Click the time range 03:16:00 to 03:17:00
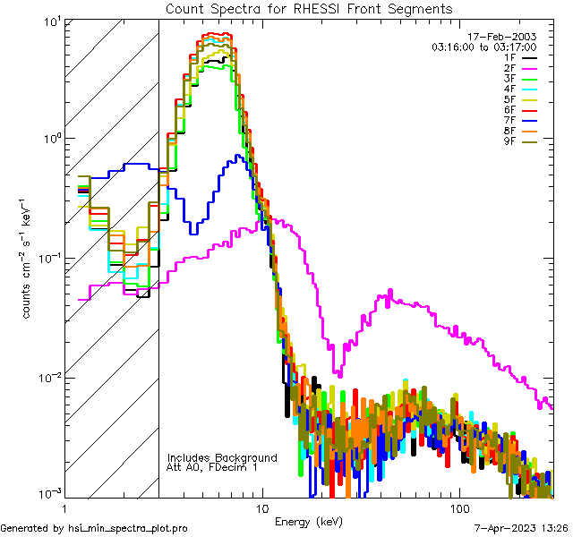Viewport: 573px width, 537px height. click(483, 46)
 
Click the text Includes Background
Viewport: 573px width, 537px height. click(222, 457)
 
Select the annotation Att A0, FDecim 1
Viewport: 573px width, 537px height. click(213, 467)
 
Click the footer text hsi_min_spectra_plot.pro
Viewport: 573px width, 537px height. click(128, 528)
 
